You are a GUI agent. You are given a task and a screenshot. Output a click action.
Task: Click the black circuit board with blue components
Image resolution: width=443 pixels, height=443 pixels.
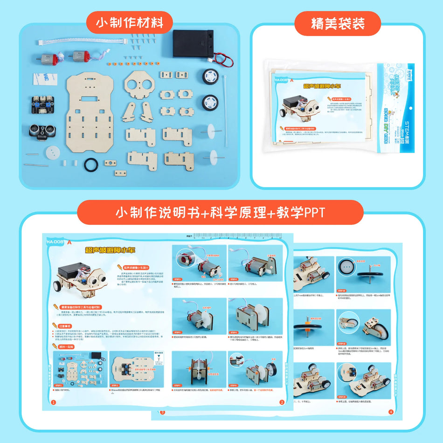click(43, 106)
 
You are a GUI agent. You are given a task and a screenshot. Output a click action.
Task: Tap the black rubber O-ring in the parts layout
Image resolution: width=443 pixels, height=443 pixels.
click(91, 165)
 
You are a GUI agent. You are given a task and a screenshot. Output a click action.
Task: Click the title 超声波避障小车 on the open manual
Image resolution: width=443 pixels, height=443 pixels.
click(110, 250)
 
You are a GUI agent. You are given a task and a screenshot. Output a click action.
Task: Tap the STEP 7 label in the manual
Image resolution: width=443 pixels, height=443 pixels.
click(178, 385)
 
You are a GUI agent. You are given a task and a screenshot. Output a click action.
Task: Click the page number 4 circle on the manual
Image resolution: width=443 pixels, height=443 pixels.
click(391, 411)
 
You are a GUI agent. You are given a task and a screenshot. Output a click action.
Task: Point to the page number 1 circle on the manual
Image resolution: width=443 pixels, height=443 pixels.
click(54, 402)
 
